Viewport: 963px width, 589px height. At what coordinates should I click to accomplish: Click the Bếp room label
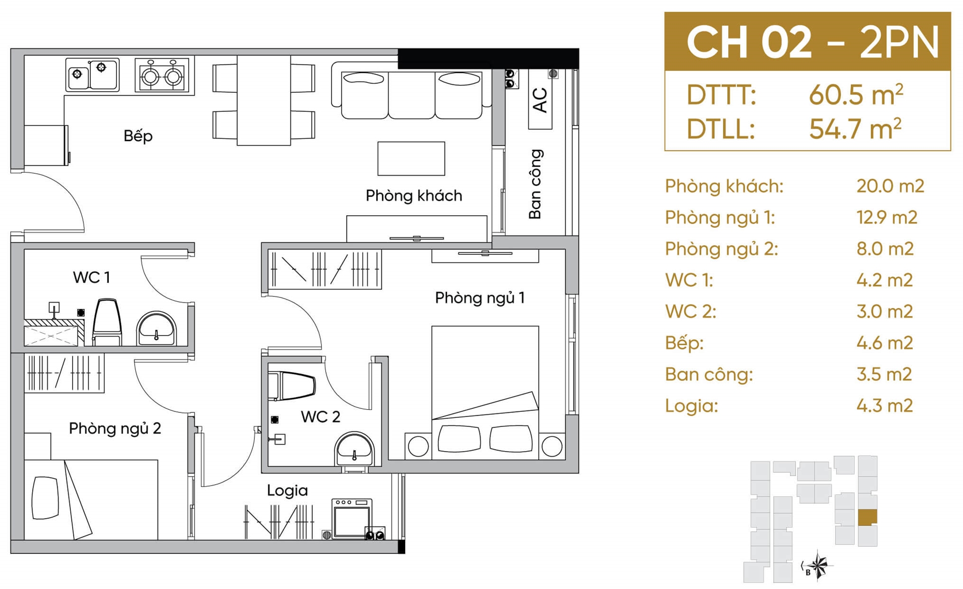point(138,136)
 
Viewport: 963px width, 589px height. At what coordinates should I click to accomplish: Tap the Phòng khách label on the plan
point(414,195)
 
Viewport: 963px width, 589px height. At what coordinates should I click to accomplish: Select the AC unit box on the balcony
point(540,100)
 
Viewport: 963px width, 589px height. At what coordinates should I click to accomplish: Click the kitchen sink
point(92,75)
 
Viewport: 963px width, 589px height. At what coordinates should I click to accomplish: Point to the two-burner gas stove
point(162,76)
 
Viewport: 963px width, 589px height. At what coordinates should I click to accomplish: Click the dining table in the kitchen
point(264,100)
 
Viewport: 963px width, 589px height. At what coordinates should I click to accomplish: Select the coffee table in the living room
point(411,159)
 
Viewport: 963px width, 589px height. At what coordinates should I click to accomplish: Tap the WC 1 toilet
point(107,322)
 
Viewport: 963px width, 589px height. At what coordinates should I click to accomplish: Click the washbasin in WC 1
point(156,329)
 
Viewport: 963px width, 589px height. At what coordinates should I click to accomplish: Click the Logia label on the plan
point(287,491)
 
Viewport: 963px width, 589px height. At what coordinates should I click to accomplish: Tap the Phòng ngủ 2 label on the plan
point(115,428)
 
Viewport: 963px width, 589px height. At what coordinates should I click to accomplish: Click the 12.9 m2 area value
point(887,217)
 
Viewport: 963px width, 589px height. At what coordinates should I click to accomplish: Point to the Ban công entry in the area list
point(709,374)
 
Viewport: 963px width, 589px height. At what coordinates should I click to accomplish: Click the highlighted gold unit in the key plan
point(867,517)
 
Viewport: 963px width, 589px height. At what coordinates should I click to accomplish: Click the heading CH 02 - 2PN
point(813,42)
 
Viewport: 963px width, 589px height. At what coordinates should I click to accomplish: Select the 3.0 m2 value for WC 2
point(884,312)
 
